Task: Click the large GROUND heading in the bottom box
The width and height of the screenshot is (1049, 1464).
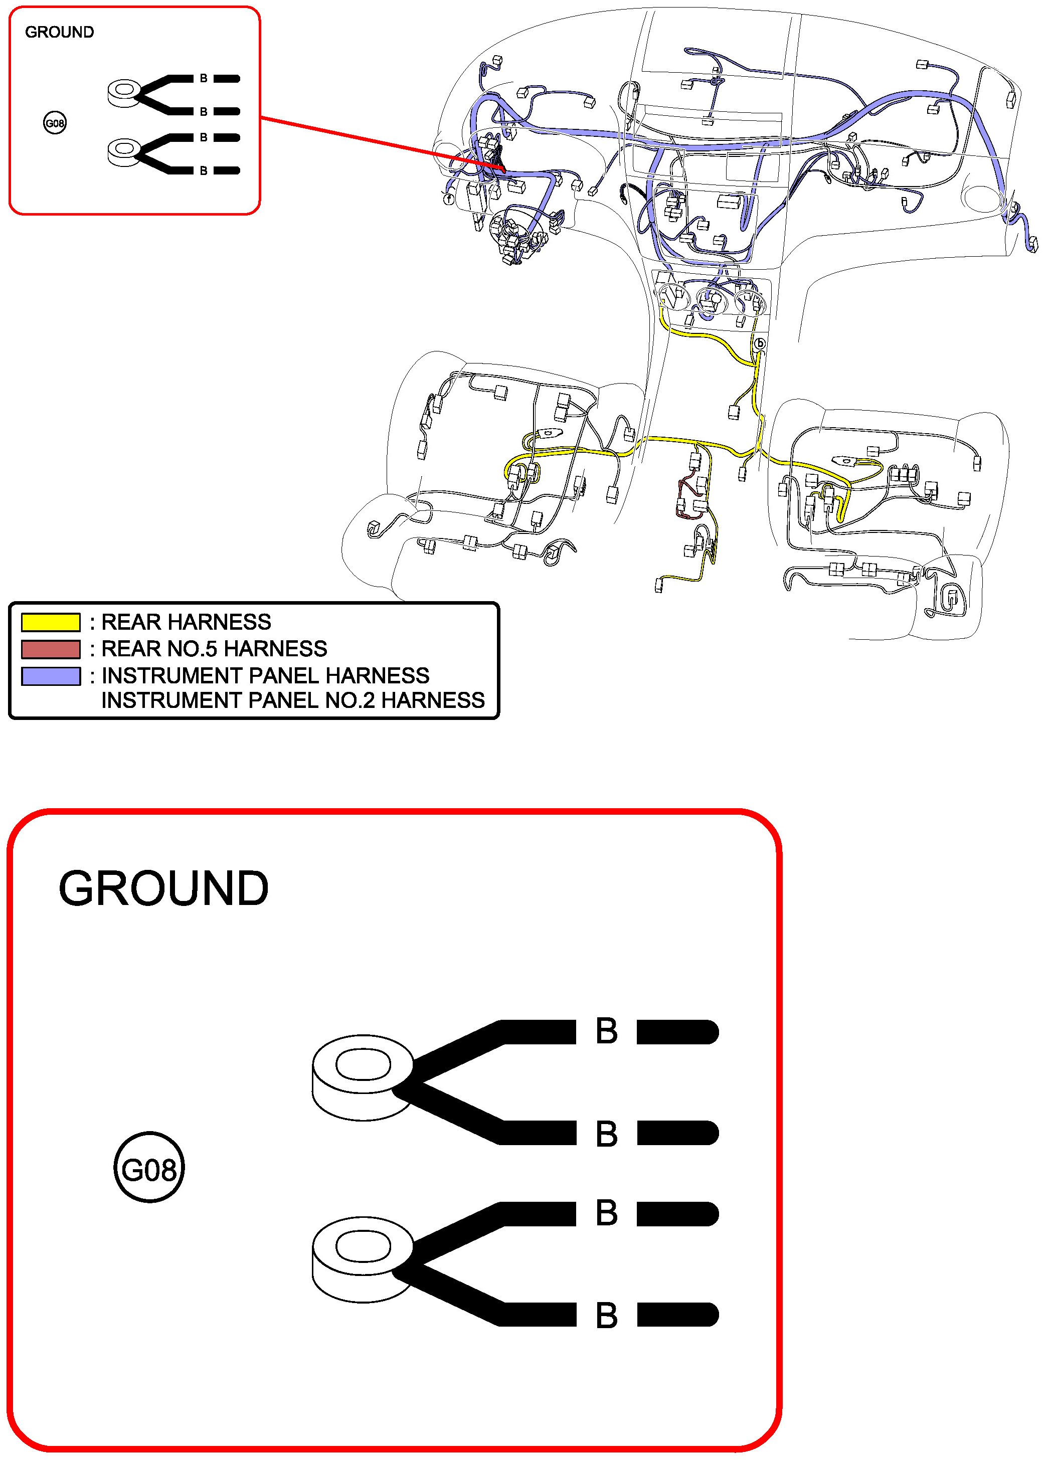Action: coord(163,888)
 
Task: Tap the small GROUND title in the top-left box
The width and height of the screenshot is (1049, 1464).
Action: coord(59,32)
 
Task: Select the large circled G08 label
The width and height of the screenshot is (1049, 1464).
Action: coord(149,1170)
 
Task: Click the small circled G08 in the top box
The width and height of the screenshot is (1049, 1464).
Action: coord(55,123)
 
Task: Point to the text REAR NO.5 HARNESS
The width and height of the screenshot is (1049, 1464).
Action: coord(214,649)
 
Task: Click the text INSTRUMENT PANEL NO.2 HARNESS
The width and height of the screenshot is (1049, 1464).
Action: coord(293,700)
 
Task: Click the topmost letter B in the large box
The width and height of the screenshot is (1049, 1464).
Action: coord(606,1031)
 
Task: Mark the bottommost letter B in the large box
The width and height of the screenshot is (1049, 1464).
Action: coord(606,1315)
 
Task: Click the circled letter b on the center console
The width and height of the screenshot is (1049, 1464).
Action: coord(760,343)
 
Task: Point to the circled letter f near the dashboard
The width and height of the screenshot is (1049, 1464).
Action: coord(449,200)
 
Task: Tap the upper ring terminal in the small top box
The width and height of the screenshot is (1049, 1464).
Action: coord(124,92)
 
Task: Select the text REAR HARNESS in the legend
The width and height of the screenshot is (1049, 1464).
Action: coord(187,622)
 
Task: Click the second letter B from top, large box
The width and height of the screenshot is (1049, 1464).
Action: coord(606,1134)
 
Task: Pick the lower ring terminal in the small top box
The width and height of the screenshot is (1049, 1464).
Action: coord(124,152)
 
